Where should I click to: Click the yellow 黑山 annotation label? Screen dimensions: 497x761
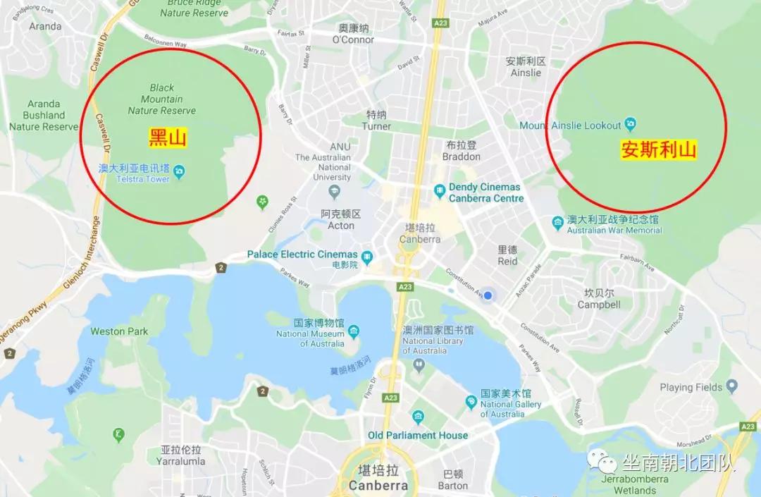coord(168,138)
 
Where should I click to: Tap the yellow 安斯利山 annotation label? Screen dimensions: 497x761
coord(658,150)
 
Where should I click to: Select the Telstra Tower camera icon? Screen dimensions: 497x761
coord(180,171)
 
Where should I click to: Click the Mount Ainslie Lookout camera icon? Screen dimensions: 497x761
coord(631,125)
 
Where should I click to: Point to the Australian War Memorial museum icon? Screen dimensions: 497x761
coord(558,223)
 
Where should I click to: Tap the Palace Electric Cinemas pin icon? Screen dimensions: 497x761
coord(367,254)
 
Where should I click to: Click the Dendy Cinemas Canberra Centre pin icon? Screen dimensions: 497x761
coord(439,190)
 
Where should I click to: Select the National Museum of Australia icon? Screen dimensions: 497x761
coord(354,330)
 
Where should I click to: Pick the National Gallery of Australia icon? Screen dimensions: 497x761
coord(471,402)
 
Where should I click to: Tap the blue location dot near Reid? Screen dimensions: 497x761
coord(488,295)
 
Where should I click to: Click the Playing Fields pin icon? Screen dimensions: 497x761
coord(731,386)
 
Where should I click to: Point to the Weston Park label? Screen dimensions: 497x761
coord(119,331)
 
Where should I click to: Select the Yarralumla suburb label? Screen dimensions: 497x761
coord(182,455)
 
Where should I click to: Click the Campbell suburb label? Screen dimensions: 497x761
coord(599,299)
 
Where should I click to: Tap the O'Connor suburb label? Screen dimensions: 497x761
coord(353,34)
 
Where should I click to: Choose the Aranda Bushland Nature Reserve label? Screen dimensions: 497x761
coord(44,115)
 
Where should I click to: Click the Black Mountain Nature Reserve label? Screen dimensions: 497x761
coord(162,99)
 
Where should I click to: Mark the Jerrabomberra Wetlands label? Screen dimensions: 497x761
coord(629,484)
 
